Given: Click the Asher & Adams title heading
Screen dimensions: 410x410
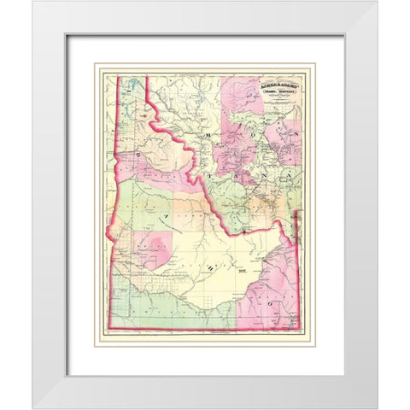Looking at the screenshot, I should click(x=267, y=85).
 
